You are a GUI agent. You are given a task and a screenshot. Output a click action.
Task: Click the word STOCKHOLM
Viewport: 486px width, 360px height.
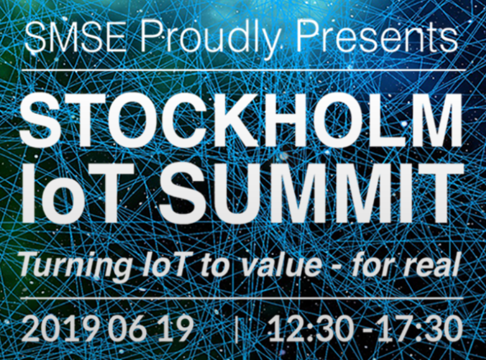(x=241, y=120)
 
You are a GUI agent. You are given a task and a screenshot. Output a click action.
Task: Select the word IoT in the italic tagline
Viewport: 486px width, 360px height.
(x=166, y=264)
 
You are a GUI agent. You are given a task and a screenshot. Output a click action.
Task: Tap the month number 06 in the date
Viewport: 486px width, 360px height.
(x=127, y=328)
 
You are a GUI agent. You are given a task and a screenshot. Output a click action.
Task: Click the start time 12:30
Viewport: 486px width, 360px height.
(x=311, y=328)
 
